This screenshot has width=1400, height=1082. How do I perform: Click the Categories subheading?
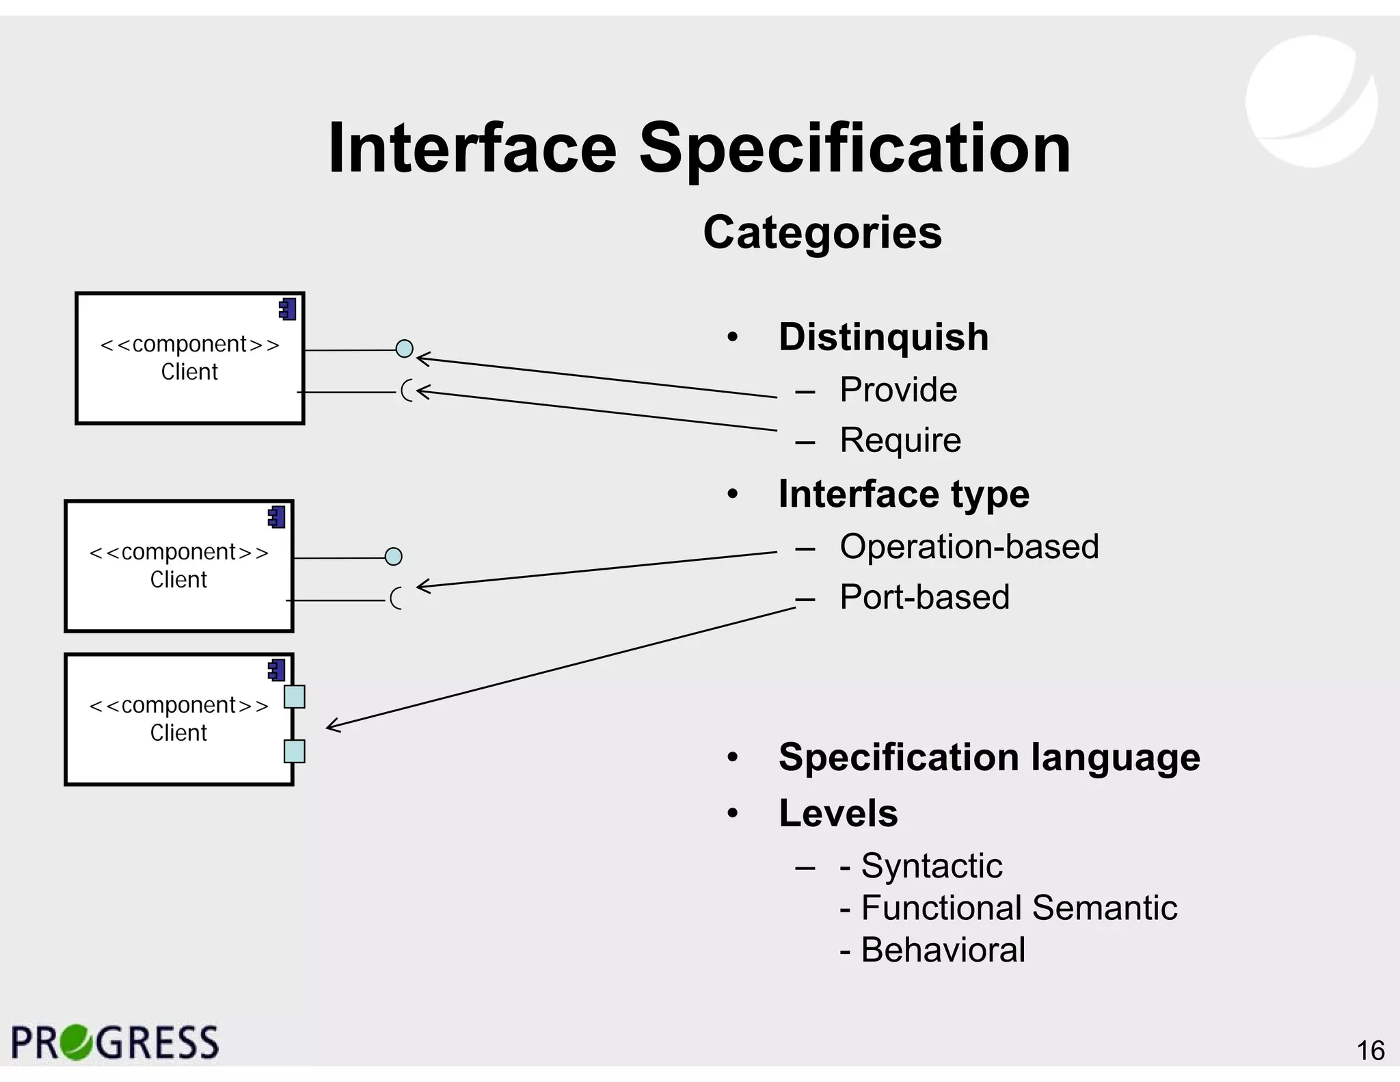pyautogui.click(x=822, y=233)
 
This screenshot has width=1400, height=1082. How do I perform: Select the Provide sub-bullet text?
pyautogui.click(x=898, y=390)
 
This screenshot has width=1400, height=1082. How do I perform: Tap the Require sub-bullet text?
pyautogui.click(x=900, y=440)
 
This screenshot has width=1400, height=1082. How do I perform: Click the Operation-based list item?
pyautogui.click(x=969, y=546)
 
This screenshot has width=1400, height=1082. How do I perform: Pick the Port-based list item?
pyautogui.click(x=924, y=596)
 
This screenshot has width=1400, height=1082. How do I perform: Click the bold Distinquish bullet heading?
pyautogui.click(x=883, y=337)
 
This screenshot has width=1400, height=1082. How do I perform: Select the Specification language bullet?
pyautogui.click(x=988, y=757)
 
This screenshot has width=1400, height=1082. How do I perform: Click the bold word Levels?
pyautogui.click(x=838, y=813)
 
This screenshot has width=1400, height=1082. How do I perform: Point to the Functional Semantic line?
pyautogui.click(x=1008, y=908)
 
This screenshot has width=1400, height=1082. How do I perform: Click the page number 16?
pyautogui.click(x=1370, y=1051)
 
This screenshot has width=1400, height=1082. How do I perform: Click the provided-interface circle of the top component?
pyautogui.click(x=405, y=349)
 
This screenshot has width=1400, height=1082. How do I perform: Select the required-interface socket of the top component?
pyautogui.click(x=407, y=391)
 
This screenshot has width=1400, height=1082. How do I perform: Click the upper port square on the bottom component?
pyautogui.click(x=294, y=697)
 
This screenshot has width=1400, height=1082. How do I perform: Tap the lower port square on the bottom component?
pyautogui.click(x=294, y=751)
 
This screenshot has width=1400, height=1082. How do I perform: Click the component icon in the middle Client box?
pyautogui.click(x=277, y=518)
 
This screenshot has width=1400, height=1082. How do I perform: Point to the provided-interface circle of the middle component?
pyautogui.click(x=394, y=557)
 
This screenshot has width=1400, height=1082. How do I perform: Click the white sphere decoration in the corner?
pyautogui.click(x=1311, y=101)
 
